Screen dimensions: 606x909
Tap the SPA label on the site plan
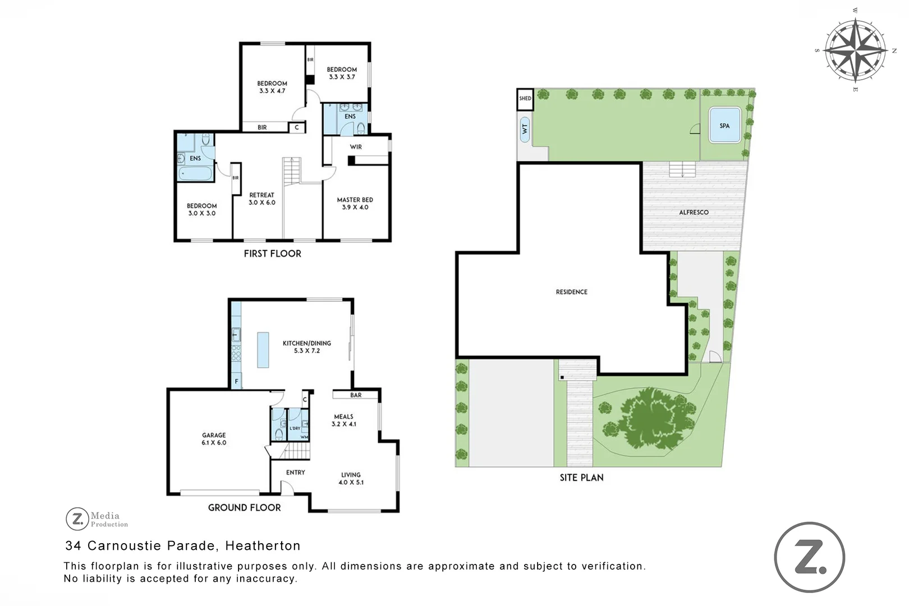724,126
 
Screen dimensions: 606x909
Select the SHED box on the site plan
525,99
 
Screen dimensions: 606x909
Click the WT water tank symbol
525,129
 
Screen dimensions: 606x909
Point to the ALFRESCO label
694,212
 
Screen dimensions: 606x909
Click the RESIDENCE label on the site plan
571,292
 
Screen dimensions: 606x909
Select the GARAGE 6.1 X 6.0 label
214,439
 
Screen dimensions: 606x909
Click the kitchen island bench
263,350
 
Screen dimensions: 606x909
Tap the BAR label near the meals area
356,395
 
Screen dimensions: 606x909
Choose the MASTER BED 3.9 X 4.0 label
355,203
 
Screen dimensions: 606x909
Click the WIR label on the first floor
356,147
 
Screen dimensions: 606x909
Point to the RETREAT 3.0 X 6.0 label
262,199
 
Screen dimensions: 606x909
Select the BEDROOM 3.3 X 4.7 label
272,87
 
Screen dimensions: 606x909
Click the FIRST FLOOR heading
272,254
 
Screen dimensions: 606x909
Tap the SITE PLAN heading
581,478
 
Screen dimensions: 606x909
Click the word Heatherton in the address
263,545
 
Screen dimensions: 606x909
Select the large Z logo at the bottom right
809,557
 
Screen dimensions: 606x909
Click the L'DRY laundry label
295,428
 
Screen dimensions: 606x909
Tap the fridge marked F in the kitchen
236,381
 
